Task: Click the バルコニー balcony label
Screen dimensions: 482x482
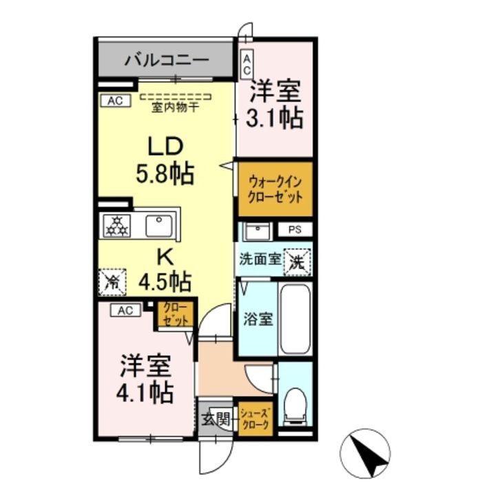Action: tap(166, 61)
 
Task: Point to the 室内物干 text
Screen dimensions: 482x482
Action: tap(176, 107)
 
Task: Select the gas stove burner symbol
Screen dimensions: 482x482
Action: tap(116, 224)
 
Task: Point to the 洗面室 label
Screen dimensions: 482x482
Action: tap(260, 260)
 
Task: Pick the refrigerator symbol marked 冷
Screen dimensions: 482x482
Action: tap(112, 281)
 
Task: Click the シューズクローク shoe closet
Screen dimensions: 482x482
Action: tap(255, 418)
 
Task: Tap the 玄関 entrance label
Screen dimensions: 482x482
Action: tap(212, 417)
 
